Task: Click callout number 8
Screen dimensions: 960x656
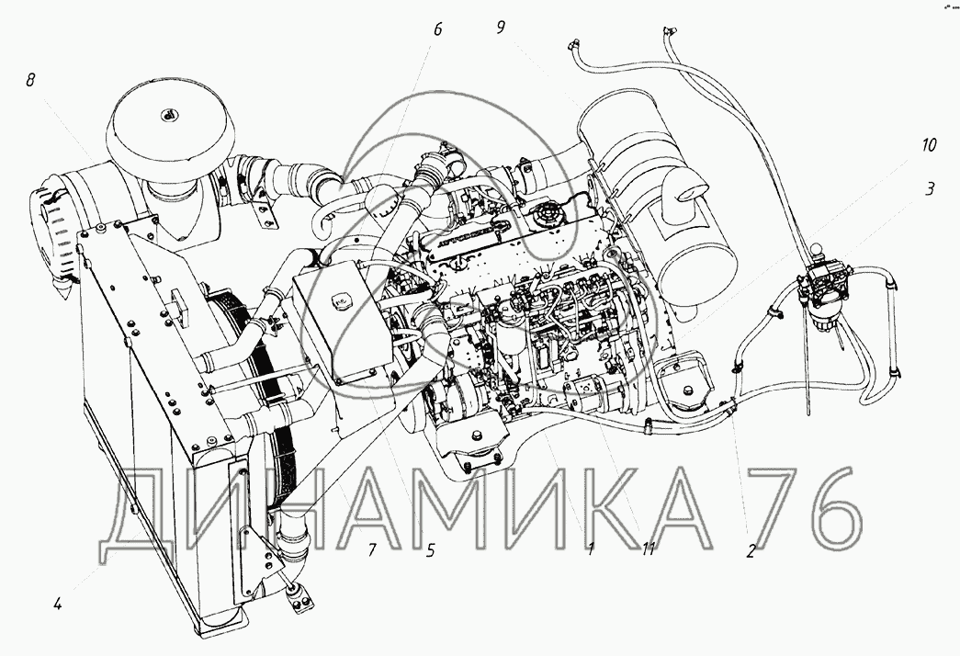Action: [x=30, y=80]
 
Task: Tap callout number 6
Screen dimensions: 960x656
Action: [x=437, y=28]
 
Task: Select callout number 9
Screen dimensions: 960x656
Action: [x=501, y=27]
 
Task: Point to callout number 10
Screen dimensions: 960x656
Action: [x=929, y=145]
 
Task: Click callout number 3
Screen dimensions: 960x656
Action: [x=930, y=189]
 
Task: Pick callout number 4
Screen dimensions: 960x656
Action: [x=57, y=605]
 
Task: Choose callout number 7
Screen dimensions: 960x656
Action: [x=372, y=549]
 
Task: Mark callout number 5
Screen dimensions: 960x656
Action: [x=431, y=550]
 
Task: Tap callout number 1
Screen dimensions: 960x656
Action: [x=590, y=549]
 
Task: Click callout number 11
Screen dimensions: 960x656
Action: [x=649, y=549]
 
